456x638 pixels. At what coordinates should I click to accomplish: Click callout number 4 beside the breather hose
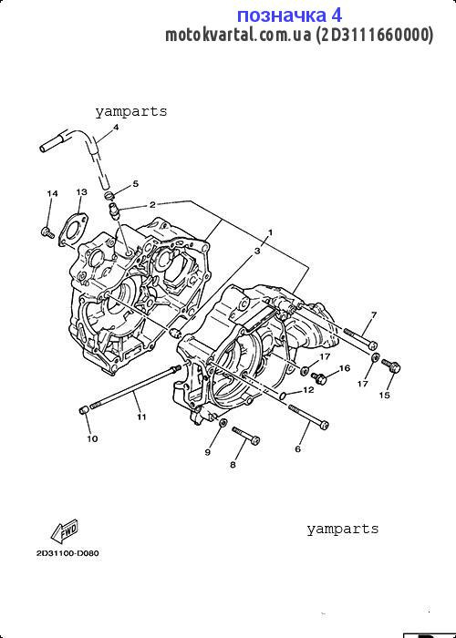pyautogui.click(x=116, y=128)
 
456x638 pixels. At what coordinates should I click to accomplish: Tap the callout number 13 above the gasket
pyautogui.click(x=81, y=191)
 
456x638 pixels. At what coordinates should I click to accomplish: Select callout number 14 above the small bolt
pyautogui.click(x=52, y=193)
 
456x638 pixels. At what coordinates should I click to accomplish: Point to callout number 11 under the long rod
pyautogui.click(x=141, y=417)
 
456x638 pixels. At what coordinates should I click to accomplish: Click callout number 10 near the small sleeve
pyautogui.click(x=92, y=438)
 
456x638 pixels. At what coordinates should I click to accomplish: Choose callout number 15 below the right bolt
pyautogui.click(x=384, y=395)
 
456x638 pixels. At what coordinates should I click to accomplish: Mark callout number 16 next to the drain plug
pyautogui.click(x=345, y=368)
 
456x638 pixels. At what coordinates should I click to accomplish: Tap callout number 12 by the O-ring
pyautogui.click(x=308, y=390)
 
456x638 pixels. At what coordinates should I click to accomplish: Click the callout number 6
pyautogui.click(x=297, y=448)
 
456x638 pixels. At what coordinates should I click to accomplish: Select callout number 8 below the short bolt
pyautogui.click(x=233, y=465)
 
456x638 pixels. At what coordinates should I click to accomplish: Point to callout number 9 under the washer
pyautogui.click(x=208, y=452)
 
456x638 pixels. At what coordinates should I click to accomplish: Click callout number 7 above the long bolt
pyautogui.click(x=374, y=314)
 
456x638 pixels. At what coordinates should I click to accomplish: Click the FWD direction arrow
pyautogui.click(x=65, y=531)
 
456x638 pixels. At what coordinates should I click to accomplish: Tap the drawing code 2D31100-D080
pyautogui.click(x=67, y=553)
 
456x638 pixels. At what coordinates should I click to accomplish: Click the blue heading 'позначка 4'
pyautogui.click(x=289, y=15)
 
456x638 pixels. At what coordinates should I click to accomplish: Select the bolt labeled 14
pyautogui.click(x=47, y=232)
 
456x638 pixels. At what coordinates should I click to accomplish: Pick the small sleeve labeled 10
pyautogui.click(x=84, y=409)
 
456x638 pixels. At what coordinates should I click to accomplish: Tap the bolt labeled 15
pyautogui.click(x=391, y=365)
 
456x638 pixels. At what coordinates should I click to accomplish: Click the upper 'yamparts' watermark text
pyautogui.click(x=131, y=111)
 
